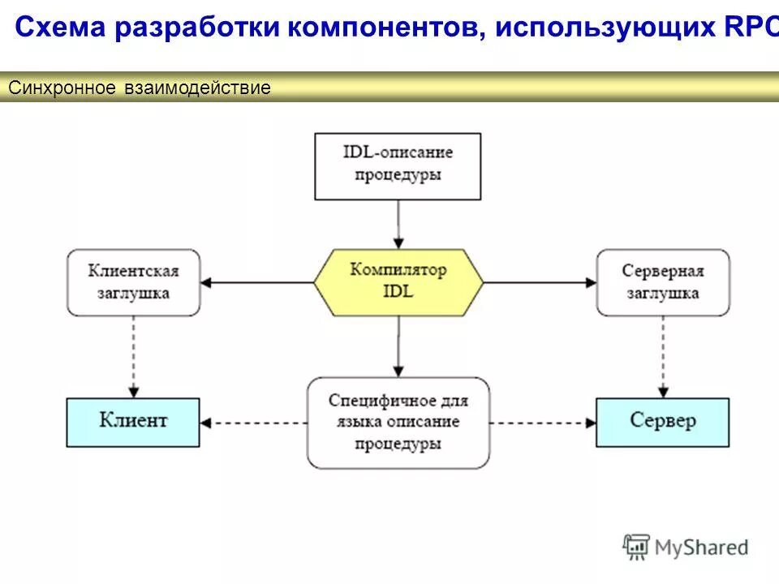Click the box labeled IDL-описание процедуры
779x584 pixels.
point(398,166)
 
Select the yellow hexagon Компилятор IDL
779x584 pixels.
point(398,281)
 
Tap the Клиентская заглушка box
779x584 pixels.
point(133,282)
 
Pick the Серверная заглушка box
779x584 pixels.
point(663,282)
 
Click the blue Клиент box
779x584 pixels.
point(133,422)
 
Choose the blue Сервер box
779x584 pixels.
point(663,422)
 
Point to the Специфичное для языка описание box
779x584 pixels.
point(398,423)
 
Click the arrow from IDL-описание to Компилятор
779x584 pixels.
point(398,224)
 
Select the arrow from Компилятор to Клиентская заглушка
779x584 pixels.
point(257,282)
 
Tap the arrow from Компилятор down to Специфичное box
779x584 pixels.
point(398,346)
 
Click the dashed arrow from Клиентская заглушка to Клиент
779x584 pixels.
point(133,357)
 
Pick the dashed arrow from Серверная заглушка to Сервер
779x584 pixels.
point(663,357)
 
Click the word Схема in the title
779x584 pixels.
point(61,28)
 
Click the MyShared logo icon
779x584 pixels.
point(636,547)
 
